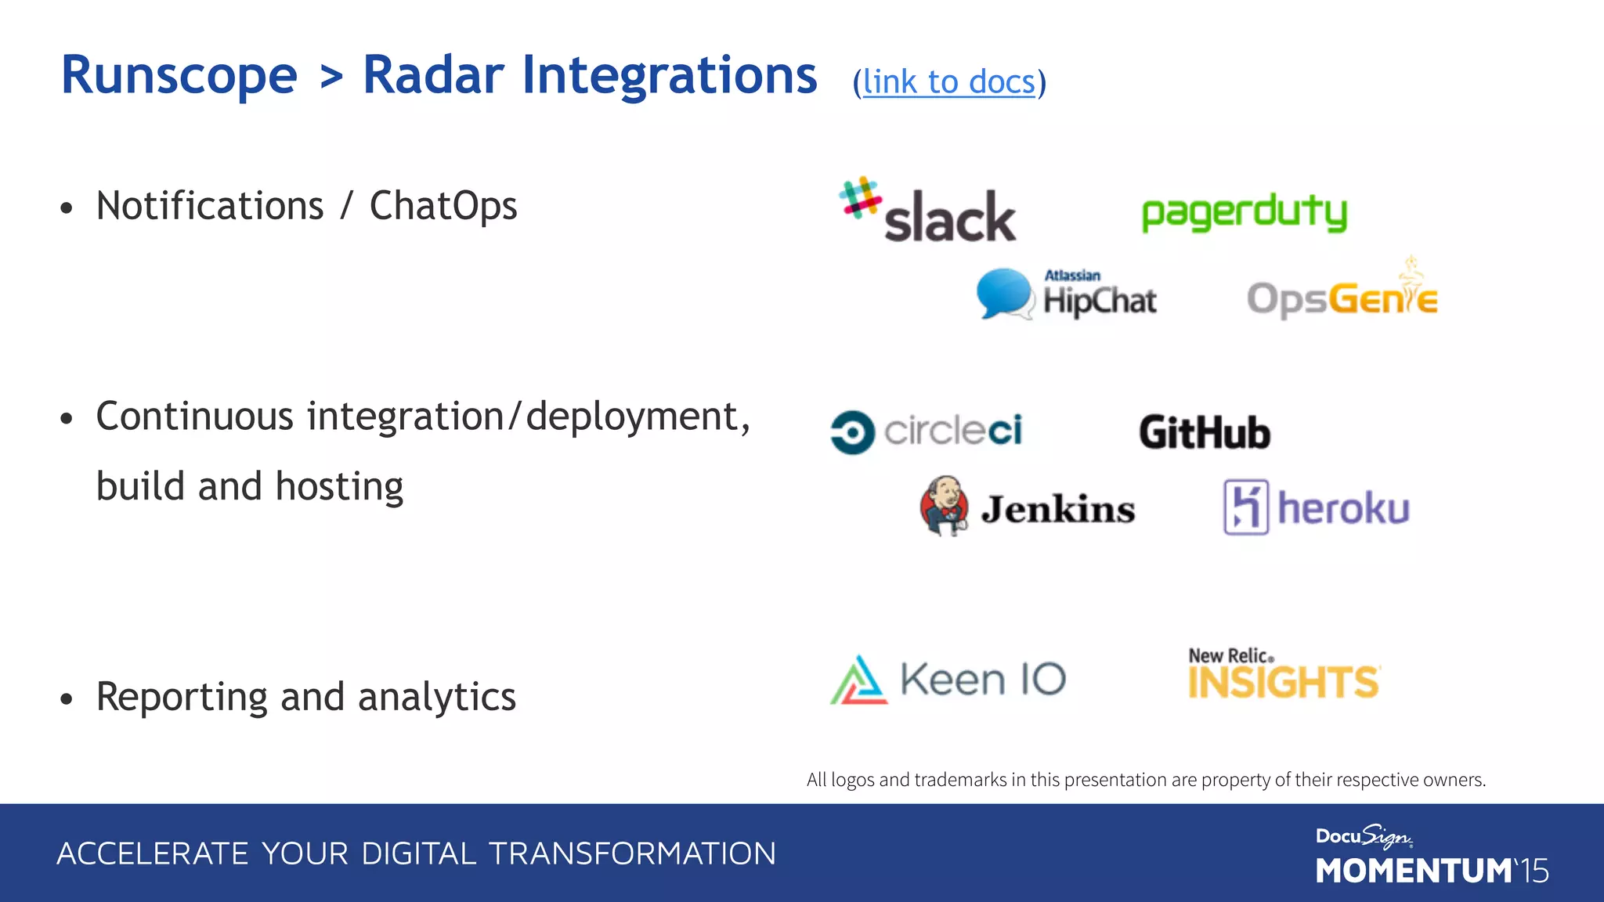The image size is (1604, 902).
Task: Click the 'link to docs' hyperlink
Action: point(948,82)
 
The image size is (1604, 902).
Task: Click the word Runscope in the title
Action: point(179,76)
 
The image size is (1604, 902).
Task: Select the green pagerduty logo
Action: point(1244,212)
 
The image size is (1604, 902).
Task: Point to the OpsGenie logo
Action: point(1342,298)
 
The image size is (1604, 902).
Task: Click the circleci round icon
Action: point(852,432)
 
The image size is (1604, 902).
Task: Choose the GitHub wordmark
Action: point(1205,433)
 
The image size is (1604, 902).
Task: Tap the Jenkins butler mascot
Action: point(945,505)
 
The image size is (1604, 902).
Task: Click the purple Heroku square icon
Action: point(1246,507)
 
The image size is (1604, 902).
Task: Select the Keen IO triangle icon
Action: point(859,680)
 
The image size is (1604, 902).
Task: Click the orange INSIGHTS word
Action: point(1283,683)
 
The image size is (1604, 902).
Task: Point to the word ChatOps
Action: point(443,207)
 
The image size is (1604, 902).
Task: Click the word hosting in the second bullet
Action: point(339,487)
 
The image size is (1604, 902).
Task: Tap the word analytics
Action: point(436,697)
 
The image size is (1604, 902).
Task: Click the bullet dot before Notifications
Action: point(67,208)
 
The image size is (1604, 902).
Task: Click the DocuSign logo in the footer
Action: point(1364,836)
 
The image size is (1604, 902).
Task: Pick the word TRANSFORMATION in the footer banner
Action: point(633,853)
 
